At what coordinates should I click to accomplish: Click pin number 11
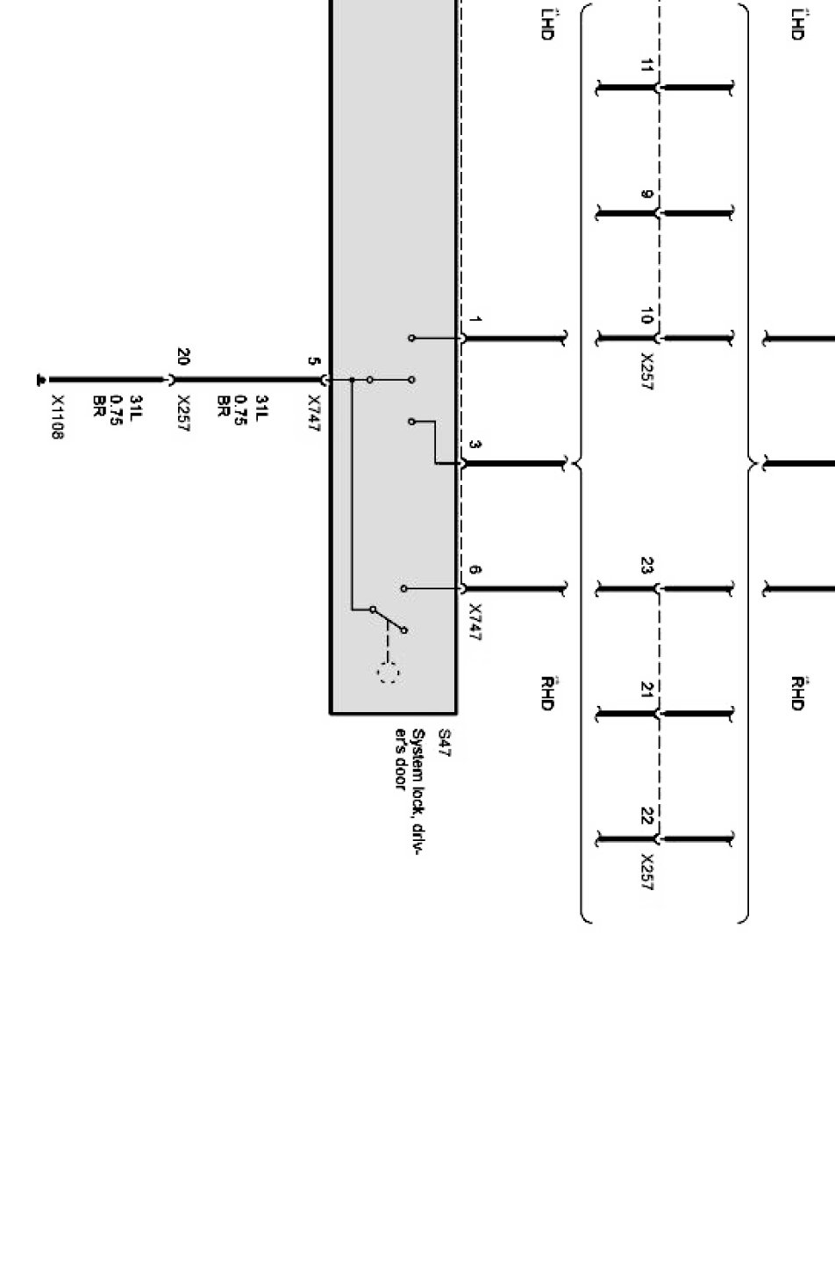(646, 66)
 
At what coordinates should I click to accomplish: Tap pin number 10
(646, 317)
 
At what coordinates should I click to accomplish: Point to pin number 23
(646, 567)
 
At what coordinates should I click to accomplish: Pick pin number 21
(646, 690)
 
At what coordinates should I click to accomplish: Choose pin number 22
(646, 816)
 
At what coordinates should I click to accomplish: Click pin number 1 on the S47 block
(475, 320)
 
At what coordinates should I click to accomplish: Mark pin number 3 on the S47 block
(475, 445)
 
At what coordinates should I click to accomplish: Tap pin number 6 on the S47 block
(475, 570)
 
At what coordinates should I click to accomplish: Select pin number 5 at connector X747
(313, 361)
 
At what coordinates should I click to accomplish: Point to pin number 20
(182, 357)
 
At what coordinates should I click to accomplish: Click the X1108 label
(57, 417)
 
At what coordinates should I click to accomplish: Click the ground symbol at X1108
(40, 380)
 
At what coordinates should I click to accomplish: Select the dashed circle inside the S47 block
(388, 674)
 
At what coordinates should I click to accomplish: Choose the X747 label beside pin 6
(475, 623)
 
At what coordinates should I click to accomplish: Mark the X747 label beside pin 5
(313, 414)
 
